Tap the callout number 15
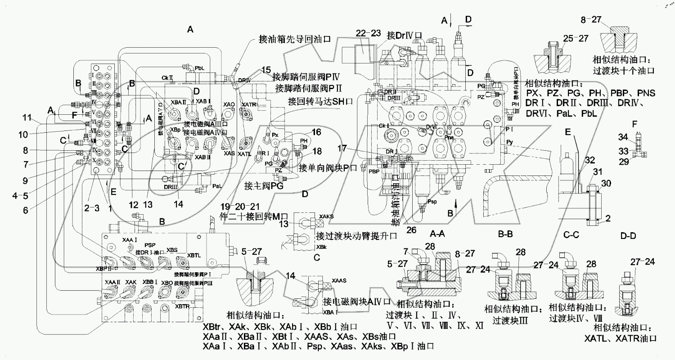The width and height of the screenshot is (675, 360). pyautogui.click(x=266, y=70)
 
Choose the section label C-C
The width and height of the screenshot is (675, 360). pyautogui.click(x=573, y=234)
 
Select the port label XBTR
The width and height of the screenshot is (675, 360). pyautogui.click(x=182, y=306)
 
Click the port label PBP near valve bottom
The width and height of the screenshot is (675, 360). pyautogui.click(x=373, y=171)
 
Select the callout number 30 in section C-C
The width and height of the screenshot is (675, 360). pyautogui.click(x=605, y=183)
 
